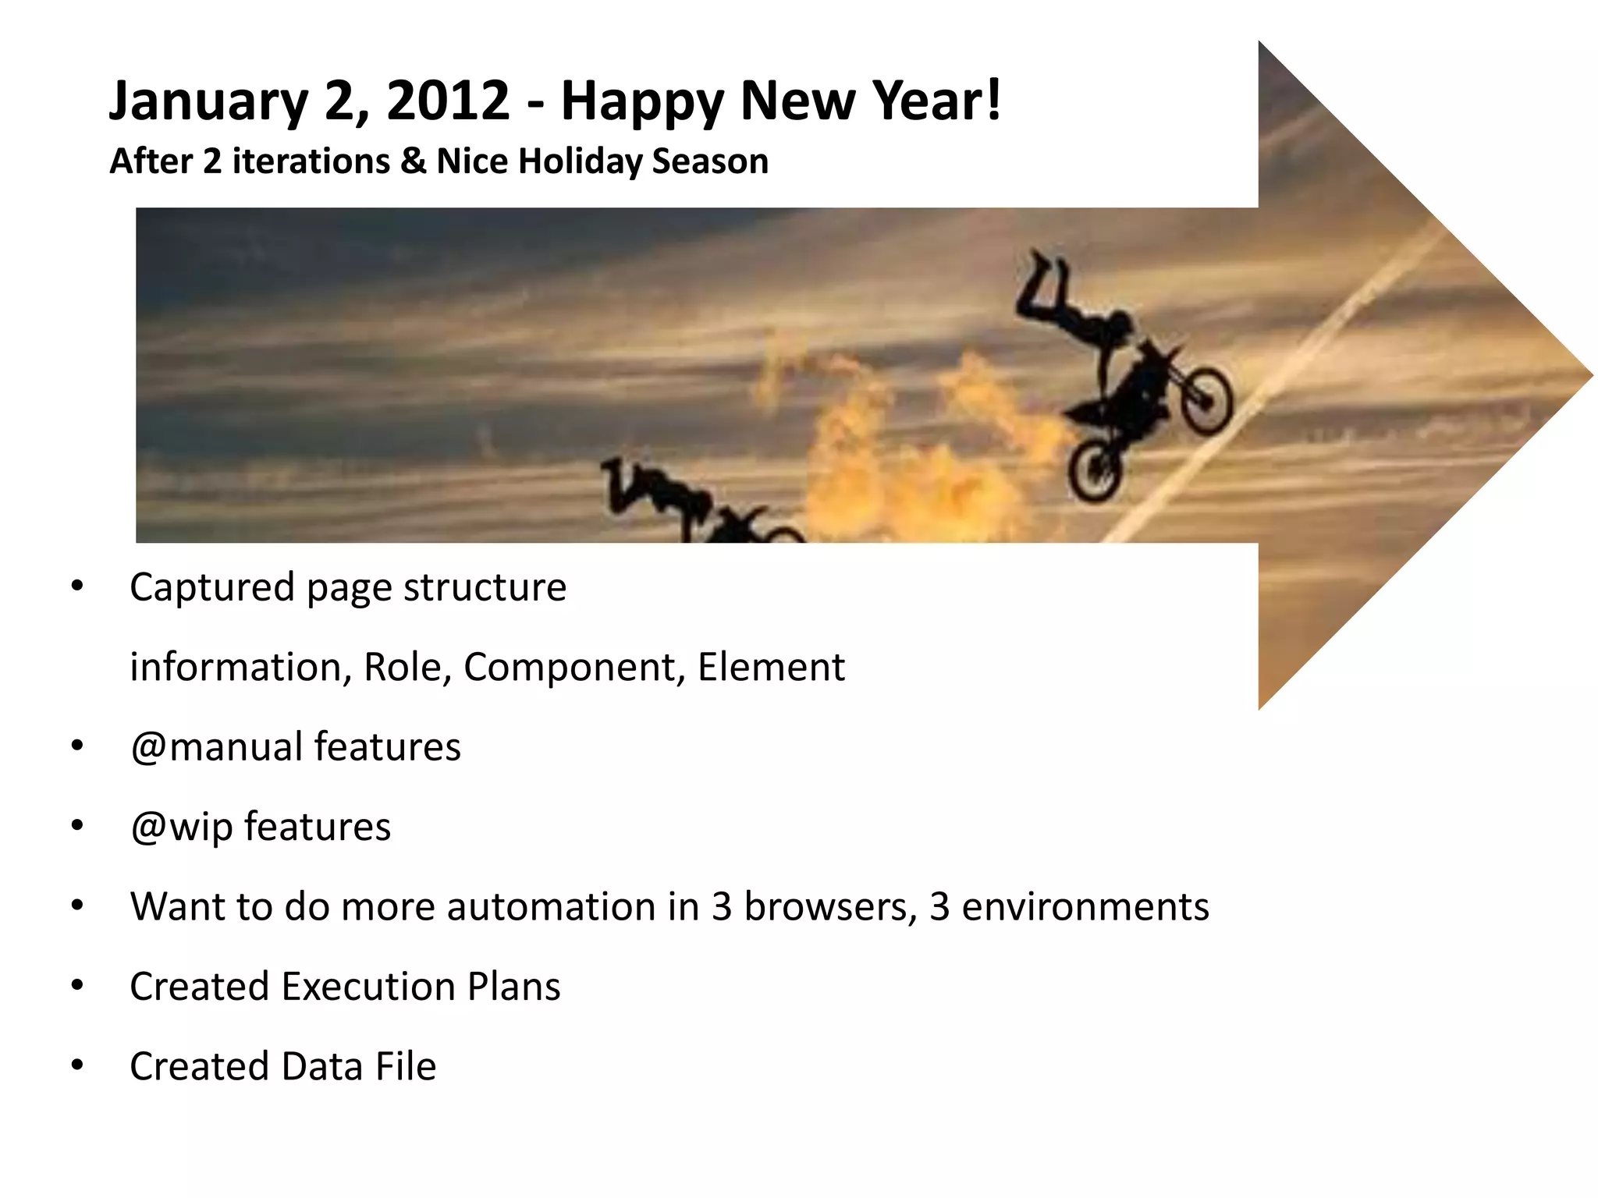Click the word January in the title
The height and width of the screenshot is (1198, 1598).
pos(208,102)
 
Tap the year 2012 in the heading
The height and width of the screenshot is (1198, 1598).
pos(448,101)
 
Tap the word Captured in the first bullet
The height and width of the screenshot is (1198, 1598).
pos(212,587)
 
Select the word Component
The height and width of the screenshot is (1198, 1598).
pos(574,668)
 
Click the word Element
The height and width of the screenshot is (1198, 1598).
pos(770,667)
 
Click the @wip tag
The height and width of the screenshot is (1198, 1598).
pos(181,828)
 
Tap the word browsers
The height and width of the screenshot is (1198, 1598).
pos(830,906)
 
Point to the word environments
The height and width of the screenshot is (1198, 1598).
pos(1085,906)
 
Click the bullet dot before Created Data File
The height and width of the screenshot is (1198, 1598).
pos(76,1065)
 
